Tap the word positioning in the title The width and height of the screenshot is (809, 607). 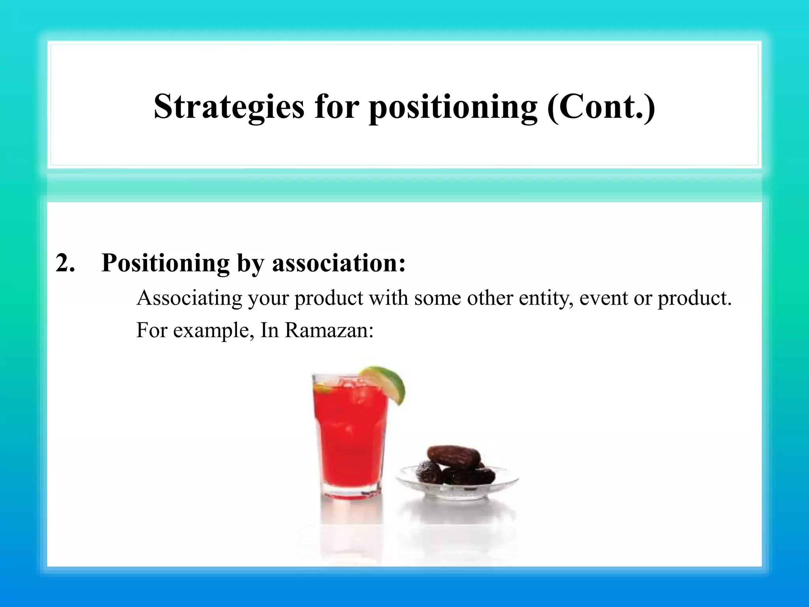click(x=453, y=107)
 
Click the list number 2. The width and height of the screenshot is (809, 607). click(x=65, y=263)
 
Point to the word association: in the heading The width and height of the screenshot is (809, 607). click(x=339, y=263)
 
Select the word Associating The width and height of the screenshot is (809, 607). click(x=189, y=298)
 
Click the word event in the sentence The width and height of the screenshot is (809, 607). click(x=603, y=298)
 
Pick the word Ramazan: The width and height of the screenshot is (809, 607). click(x=329, y=330)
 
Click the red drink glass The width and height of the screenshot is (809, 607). click(x=350, y=435)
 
